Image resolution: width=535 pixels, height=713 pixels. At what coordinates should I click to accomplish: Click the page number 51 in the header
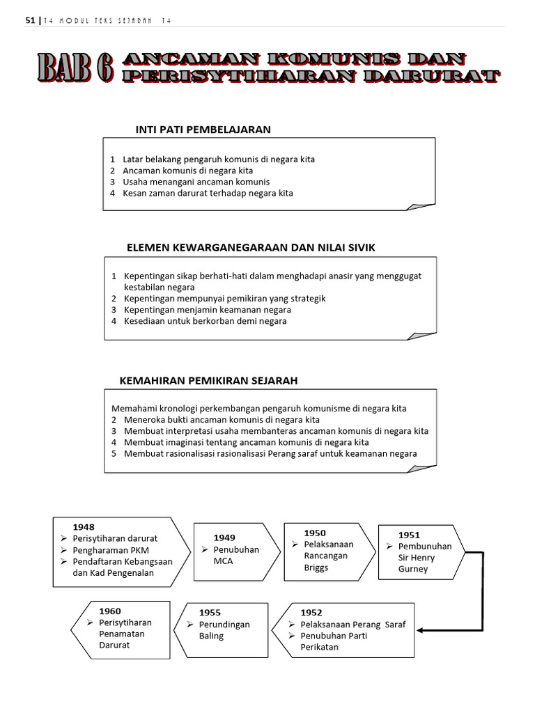(x=29, y=21)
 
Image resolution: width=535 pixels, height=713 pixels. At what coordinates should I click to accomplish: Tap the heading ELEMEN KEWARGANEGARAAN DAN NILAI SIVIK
(x=251, y=247)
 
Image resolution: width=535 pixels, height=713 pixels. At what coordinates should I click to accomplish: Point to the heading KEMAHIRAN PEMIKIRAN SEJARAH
(x=209, y=380)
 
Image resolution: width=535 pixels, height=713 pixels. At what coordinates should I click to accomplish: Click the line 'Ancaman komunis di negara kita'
(x=187, y=171)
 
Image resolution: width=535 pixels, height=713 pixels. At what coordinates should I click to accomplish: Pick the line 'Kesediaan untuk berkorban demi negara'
(x=205, y=321)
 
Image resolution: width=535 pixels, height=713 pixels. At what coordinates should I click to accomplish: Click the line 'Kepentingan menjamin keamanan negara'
(x=208, y=310)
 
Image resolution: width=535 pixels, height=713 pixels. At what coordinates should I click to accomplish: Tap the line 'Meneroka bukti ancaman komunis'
(x=222, y=420)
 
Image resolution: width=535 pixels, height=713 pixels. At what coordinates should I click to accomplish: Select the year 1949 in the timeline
(x=224, y=538)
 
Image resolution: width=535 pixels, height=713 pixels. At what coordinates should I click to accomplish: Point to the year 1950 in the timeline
(x=315, y=533)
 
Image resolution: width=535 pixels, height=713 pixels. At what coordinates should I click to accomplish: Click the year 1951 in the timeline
(x=409, y=535)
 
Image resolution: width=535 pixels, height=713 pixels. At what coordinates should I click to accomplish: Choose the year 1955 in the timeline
(x=210, y=612)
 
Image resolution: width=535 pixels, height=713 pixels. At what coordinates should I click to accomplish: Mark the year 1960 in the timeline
(x=110, y=611)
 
